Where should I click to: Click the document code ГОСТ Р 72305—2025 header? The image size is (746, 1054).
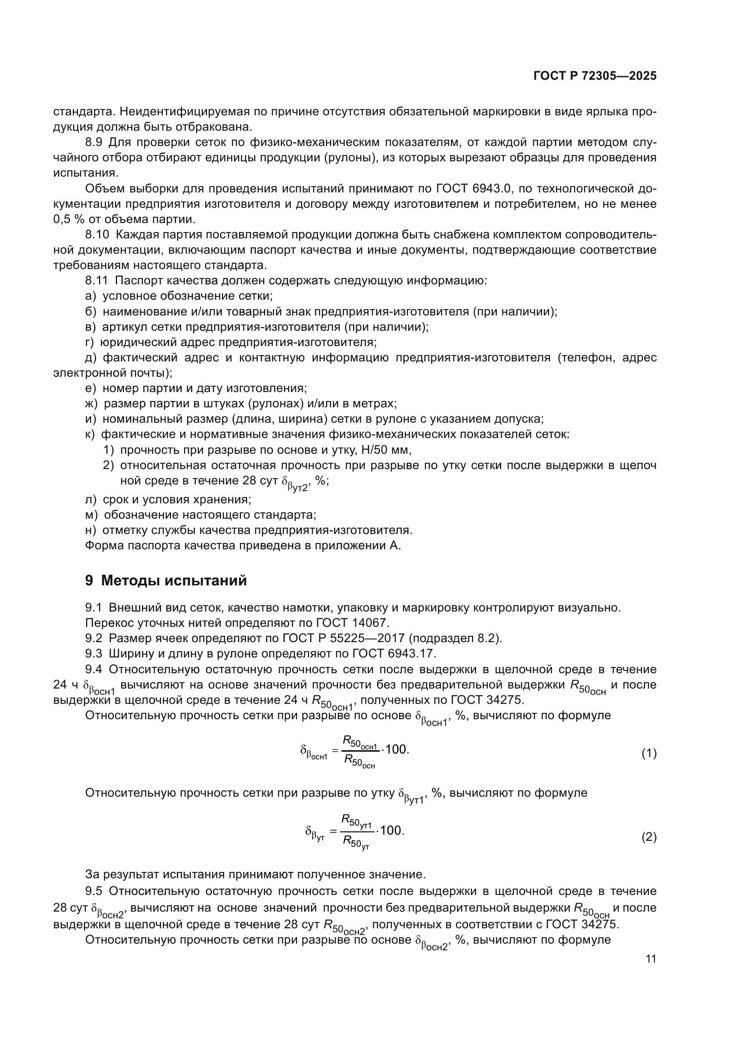point(595,76)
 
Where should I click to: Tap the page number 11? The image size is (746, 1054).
point(650,959)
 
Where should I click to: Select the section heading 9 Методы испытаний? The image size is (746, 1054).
point(166,581)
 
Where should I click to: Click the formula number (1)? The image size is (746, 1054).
point(649,753)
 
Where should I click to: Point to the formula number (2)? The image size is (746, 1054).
point(649,837)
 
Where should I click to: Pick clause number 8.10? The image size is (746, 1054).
point(97,235)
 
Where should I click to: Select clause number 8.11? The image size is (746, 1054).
point(97,280)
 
